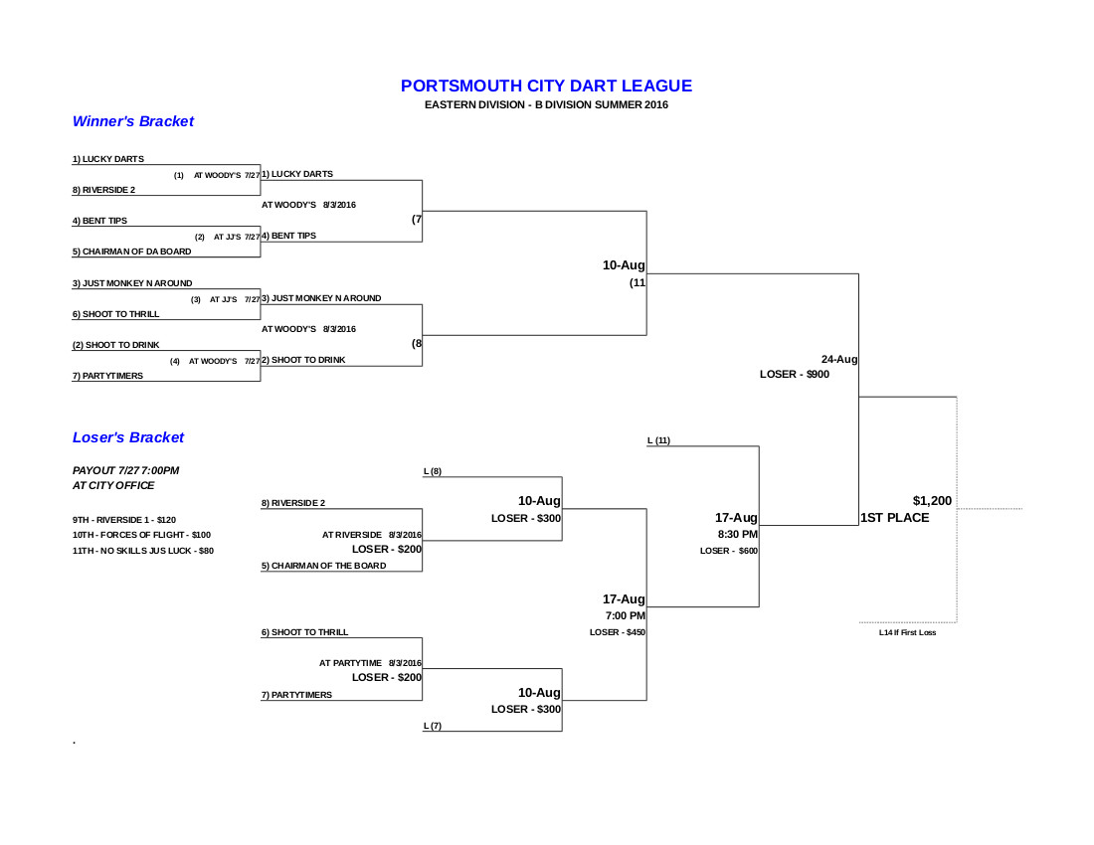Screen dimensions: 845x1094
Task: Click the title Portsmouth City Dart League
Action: pos(546,86)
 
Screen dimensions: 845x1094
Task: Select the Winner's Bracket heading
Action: pos(133,121)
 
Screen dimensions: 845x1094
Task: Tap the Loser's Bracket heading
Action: pos(128,437)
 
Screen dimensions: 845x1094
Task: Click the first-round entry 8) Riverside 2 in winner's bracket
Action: pos(103,189)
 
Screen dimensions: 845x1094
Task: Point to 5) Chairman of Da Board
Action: pos(131,252)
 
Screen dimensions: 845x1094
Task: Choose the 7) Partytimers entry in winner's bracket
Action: pos(107,376)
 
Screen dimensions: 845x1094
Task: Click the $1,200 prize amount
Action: pos(932,500)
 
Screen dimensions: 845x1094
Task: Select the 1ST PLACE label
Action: pos(895,518)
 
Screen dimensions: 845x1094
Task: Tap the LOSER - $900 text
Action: pos(794,375)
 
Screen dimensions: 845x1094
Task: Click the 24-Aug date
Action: pos(839,359)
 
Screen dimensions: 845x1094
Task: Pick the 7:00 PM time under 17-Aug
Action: pos(626,615)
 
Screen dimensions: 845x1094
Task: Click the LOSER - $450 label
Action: pos(618,632)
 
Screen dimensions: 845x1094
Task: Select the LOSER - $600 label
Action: pos(729,551)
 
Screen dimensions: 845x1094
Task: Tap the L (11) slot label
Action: pos(658,439)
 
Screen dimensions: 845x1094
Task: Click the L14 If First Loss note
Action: pos(907,632)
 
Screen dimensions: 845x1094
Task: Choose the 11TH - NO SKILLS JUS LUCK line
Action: pos(143,551)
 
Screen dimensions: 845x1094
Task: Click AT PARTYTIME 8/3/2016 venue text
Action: pos(370,662)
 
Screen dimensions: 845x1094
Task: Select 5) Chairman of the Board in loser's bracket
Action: pos(323,566)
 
